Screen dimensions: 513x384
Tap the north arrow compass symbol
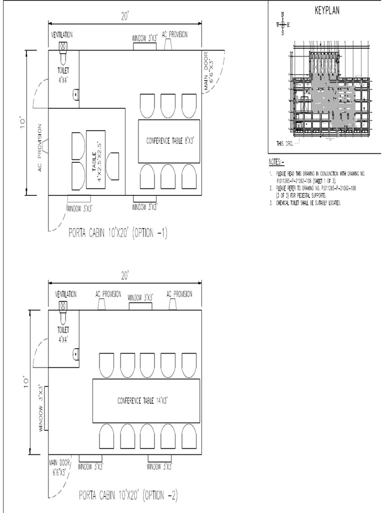(282, 24)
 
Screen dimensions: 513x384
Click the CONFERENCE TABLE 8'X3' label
(169, 141)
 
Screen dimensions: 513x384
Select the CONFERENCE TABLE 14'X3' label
(146, 401)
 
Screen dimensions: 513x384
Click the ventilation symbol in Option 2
(63, 306)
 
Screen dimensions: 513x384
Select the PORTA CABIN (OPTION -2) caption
(128, 495)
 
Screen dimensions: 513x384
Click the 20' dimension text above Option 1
(125, 16)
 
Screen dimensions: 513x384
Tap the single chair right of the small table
(113, 166)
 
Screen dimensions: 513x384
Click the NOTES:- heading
(275, 162)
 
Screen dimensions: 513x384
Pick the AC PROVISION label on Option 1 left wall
(39, 148)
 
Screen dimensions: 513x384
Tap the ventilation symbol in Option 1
(63, 46)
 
